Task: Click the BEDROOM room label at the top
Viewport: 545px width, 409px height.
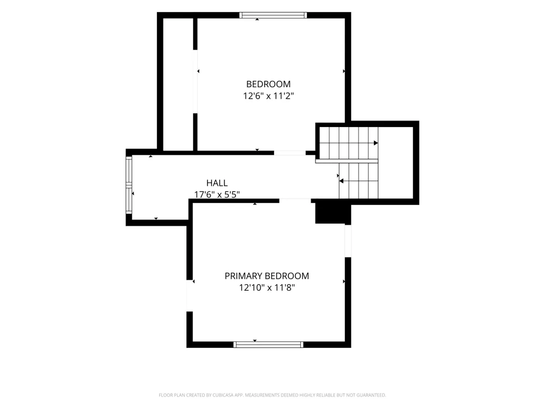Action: point(268,84)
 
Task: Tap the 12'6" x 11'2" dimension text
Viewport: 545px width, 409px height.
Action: point(268,95)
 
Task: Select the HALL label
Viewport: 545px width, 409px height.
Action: point(217,183)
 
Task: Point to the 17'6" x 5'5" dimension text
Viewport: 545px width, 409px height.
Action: point(217,195)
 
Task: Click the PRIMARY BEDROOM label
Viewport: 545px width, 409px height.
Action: point(267,276)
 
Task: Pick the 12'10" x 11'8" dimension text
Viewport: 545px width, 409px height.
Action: point(267,287)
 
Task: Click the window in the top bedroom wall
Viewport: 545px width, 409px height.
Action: point(273,15)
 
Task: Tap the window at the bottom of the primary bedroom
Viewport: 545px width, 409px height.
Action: point(268,345)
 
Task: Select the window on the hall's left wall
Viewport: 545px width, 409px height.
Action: point(129,185)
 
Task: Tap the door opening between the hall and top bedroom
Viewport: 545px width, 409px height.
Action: point(290,153)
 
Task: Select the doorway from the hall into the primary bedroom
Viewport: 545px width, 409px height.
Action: point(295,201)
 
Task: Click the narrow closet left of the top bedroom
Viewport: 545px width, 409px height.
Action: point(178,85)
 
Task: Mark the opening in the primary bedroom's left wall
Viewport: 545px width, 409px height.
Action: point(190,296)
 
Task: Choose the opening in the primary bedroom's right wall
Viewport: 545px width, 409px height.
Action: point(348,241)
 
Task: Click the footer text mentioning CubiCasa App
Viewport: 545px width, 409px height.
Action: point(272,395)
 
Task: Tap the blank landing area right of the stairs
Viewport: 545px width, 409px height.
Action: point(396,163)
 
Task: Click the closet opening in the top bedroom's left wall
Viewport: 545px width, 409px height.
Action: point(195,81)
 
